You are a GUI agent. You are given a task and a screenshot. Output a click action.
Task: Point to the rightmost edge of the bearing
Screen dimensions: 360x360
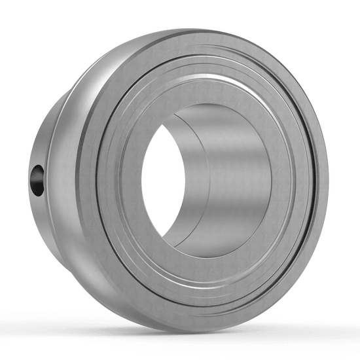pyautogui.click(x=327, y=183)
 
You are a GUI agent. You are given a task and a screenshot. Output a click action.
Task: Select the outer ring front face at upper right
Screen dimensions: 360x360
pyautogui.click(x=288, y=85)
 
